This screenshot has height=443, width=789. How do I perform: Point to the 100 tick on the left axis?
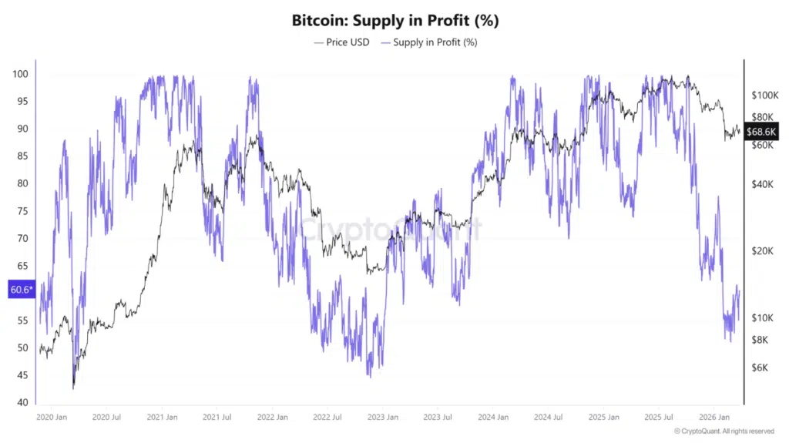point(20,74)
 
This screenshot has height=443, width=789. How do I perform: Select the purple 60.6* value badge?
point(21,290)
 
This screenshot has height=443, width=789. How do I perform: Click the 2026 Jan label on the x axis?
point(714,417)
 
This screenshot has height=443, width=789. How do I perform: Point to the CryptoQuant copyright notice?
point(724,431)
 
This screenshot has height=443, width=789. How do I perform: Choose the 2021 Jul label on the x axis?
point(217,417)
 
